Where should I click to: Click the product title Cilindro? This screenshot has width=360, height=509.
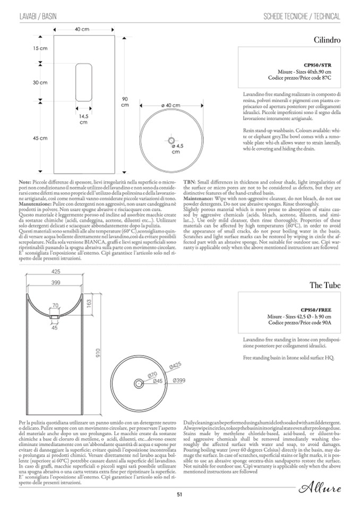(327, 39)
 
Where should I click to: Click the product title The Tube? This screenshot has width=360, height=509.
(325, 285)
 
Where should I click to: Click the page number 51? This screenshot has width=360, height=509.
(180, 494)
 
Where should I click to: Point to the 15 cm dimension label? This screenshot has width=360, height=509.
(40, 48)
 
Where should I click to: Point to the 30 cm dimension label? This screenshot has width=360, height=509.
(40, 83)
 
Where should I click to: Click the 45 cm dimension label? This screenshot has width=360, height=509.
(40, 138)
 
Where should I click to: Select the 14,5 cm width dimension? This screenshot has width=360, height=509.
(83, 119)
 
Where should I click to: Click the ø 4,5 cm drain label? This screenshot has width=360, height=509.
(176, 148)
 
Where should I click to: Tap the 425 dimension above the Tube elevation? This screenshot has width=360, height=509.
(56, 272)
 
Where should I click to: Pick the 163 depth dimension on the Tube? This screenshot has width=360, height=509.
(89, 305)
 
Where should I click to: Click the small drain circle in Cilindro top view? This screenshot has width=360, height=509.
(171, 140)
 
